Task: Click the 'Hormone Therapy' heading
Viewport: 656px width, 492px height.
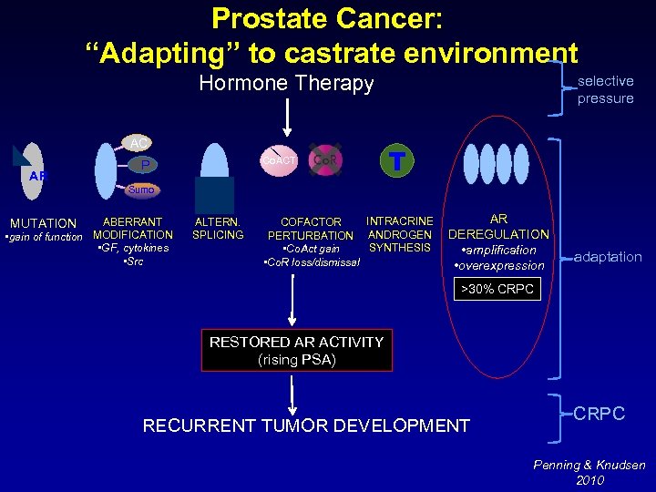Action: [x=286, y=84]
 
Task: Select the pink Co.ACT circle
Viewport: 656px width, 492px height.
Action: [x=281, y=159]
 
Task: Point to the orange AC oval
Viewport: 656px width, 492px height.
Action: [x=138, y=144]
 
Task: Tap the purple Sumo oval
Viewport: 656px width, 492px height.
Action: [x=141, y=190]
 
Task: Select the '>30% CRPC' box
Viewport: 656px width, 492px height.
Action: [x=498, y=290]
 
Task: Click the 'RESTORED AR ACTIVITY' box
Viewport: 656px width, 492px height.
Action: [x=296, y=350]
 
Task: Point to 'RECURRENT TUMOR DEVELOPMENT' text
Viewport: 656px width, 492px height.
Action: [x=306, y=425]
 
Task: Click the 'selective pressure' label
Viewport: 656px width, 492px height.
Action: [x=605, y=89]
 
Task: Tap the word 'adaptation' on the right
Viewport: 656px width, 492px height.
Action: [x=608, y=257]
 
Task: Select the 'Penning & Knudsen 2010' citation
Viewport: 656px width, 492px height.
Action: [x=589, y=472]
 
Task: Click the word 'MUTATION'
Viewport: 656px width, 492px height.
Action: [x=43, y=223]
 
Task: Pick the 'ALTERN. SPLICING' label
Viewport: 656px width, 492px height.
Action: [x=218, y=228]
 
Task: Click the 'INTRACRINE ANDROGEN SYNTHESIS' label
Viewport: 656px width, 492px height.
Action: [x=399, y=234]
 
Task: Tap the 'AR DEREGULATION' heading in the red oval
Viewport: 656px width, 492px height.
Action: [x=498, y=227]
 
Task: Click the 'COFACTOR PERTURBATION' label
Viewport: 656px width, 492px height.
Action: [x=311, y=229]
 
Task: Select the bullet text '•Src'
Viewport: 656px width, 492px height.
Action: [x=133, y=261]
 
